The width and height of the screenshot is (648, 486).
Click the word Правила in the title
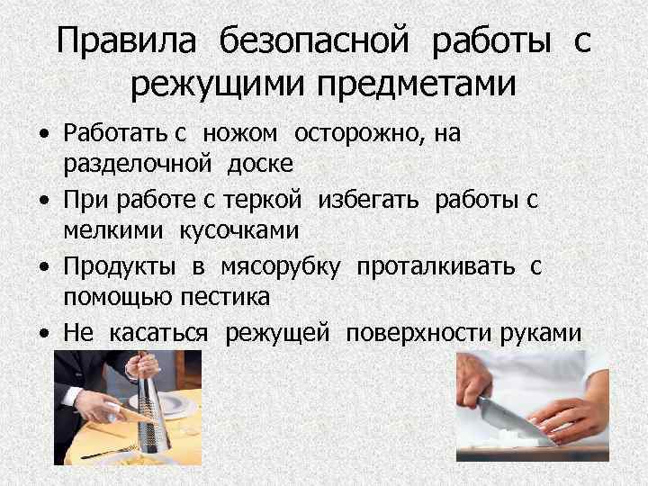click(x=117, y=41)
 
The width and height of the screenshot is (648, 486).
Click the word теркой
click(x=286, y=200)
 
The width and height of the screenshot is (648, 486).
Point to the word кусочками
click(x=241, y=231)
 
